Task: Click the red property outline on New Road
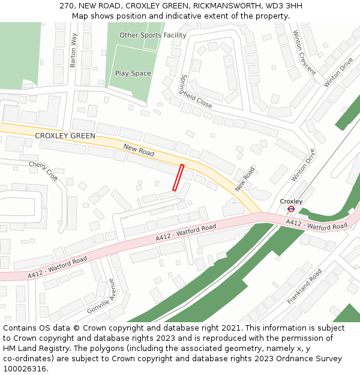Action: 178,178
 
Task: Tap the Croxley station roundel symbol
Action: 291,209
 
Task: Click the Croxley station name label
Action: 291,201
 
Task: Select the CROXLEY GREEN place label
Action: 65,136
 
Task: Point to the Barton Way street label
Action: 74,50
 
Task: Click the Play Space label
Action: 133,73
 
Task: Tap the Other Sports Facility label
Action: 153,35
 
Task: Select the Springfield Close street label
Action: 196,91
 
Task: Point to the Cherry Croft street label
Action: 43,171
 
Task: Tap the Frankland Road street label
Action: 304,286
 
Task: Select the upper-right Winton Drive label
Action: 338,73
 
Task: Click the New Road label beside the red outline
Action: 139,150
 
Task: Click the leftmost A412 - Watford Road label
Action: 58,267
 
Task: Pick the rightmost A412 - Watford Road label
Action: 316,224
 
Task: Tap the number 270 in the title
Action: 67,6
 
